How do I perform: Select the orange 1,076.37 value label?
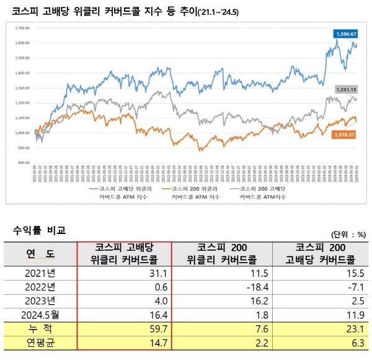pyautogui.click(x=345, y=135)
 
